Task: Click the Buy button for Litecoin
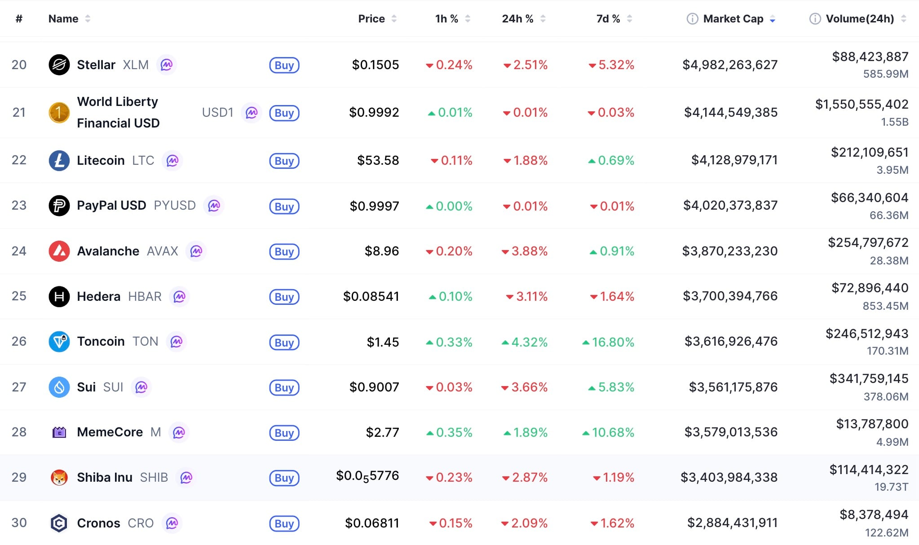click(284, 161)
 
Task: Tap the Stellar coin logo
click(59, 65)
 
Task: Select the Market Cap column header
click(733, 19)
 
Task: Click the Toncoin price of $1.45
click(383, 342)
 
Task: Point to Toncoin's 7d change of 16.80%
click(613, 342)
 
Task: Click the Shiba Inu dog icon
click(59, 478)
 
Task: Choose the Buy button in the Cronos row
click(284, 523)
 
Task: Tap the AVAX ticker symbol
click(162, 251)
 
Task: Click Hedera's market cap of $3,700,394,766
click(730, 296)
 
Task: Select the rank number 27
click(19, 387)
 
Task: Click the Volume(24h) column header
click(860, 19)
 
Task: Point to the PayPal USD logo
click(59, 206)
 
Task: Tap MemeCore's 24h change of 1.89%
click(530, 432)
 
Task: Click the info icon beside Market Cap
click(692, 19)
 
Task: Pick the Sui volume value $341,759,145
click(869, 378)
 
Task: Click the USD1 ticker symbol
click(217, 112)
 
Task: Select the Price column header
click(371, 19)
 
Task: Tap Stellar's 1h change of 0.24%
click(454, 65)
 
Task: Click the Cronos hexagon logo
click(59, 523)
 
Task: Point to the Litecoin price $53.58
click(378, 160)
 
